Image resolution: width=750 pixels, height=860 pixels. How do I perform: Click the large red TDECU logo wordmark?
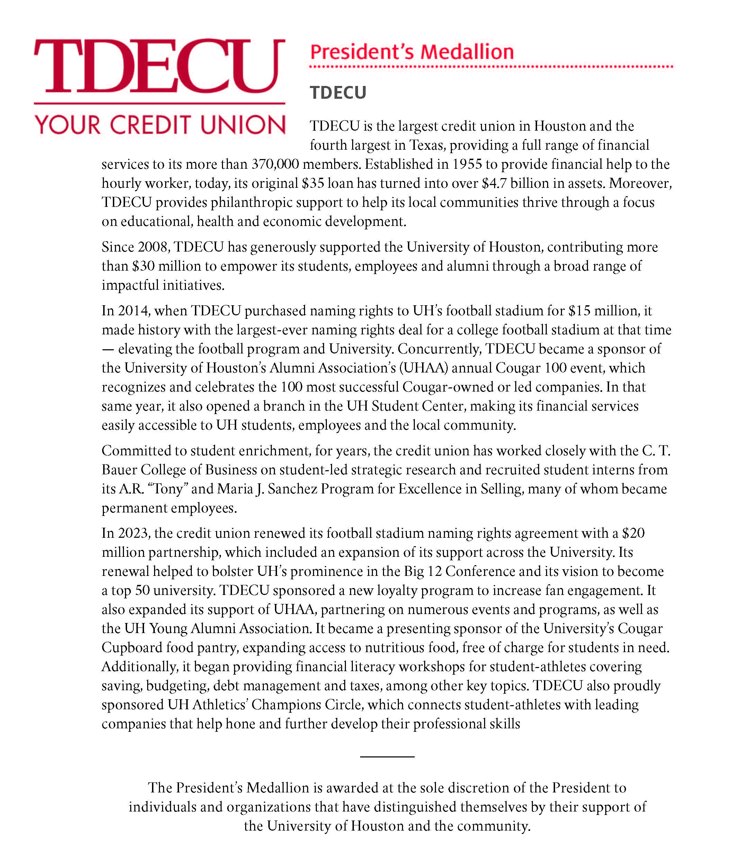(x=159, y=66)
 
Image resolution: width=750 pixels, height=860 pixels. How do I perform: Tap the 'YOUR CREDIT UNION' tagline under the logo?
(x=160, y=125)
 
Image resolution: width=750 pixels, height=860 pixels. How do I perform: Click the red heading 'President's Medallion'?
(x=411, y=52)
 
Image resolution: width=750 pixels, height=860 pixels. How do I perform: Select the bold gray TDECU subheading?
(x=338, y=93)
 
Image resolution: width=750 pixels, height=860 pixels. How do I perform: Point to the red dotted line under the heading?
(x=491, y=67)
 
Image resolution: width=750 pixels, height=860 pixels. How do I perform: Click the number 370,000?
(x=275, y=164)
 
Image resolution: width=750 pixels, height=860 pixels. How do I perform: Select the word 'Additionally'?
(x=140, y=667)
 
